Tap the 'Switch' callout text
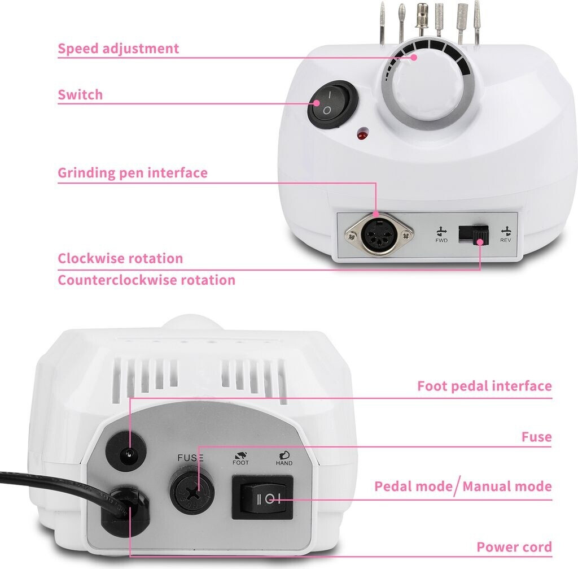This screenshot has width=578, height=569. click(81, 94)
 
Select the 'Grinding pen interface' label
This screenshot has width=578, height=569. click(133, 172)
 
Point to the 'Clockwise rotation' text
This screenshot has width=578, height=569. click(120, 259)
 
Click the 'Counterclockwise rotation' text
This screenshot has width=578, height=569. click(146, 280)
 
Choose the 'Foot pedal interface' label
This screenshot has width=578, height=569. click(484, 386)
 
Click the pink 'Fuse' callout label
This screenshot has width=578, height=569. click(536, 437)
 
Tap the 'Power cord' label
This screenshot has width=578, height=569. click(514, 547)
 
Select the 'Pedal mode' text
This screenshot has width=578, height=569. click(413, 487)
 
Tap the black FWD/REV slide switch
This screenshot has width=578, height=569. click(472, 234)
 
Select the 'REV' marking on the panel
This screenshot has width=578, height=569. click(506, 240)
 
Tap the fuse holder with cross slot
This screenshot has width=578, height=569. click(192, 492)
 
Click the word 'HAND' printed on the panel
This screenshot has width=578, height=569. click(284, 463)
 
